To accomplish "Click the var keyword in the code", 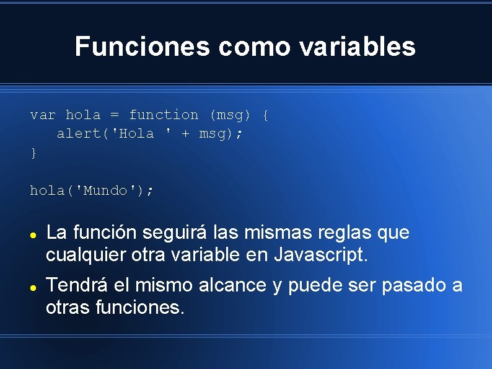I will tap(43, 115).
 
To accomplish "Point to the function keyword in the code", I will tap(164, 115).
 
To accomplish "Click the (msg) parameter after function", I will tap(231, 115).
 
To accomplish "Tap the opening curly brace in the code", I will tap(265, 115).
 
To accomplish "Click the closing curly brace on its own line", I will tap(33, 153).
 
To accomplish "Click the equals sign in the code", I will tap(115, 115).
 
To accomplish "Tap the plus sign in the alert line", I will tap(185, 134).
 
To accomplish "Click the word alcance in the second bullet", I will tap(233, 285).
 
